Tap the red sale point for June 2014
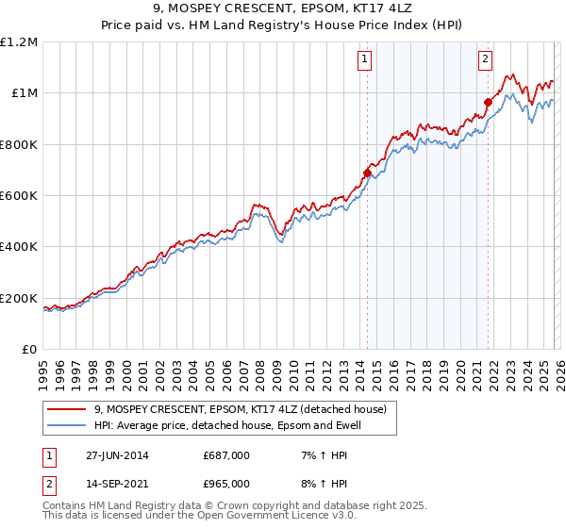tap(367, 173)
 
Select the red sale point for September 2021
tap(488, 102)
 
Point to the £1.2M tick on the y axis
tap(21, 42)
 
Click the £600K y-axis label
tap(21, 196)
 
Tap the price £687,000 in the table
tap(226, 455)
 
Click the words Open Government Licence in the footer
tap(271, 516)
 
